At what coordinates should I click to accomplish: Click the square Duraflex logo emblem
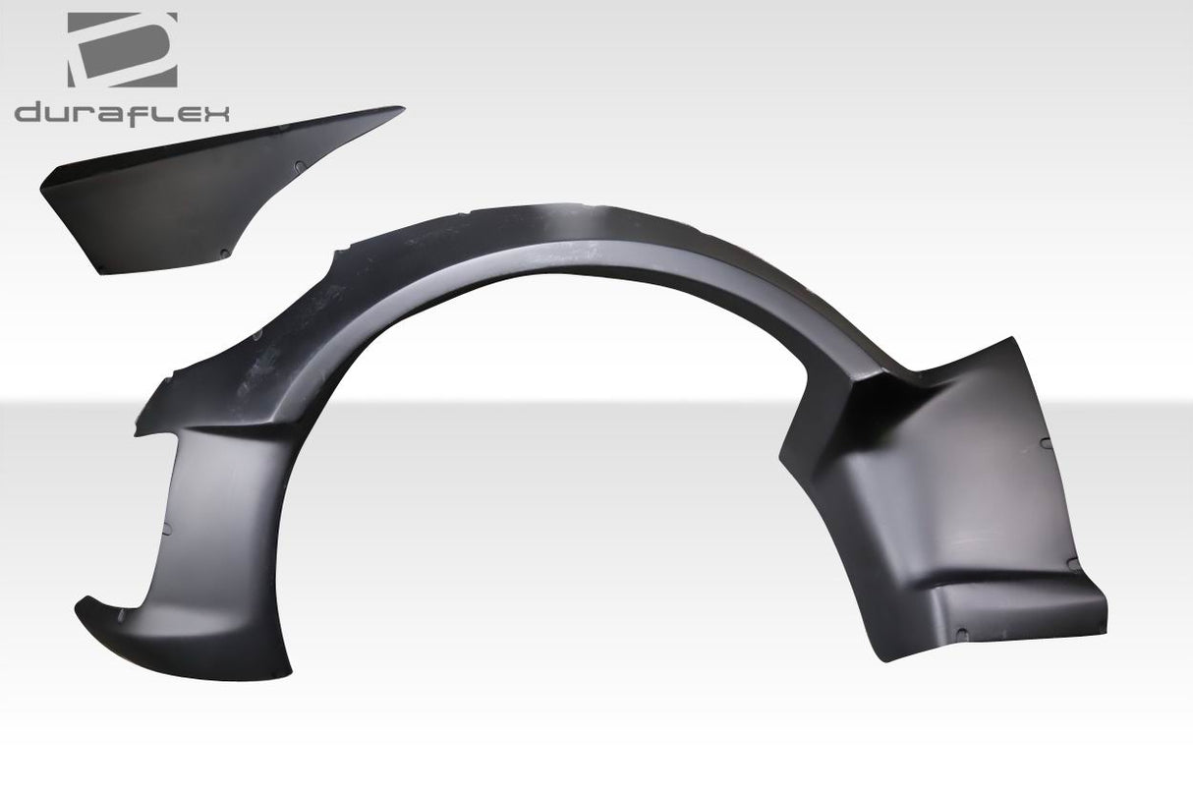pos(122,49)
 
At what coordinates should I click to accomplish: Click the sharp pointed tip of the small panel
pos(402,108)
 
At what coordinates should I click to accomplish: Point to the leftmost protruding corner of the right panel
pos(778,454)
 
